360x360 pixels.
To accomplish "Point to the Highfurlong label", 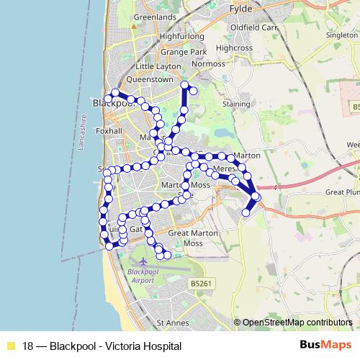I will pyautogui.click(x=183, y=35).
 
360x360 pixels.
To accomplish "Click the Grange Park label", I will pyautogui.click(x=184, y=52).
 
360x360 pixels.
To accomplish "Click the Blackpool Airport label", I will pyautogui.click(x=140, y=276).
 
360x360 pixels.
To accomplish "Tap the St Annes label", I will pyautogui.click(x=172, y=323).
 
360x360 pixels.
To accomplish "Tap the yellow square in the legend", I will pyautogui.click(x=10, y=346).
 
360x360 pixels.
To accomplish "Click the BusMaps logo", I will pyautogui.click(x=326, y=345).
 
